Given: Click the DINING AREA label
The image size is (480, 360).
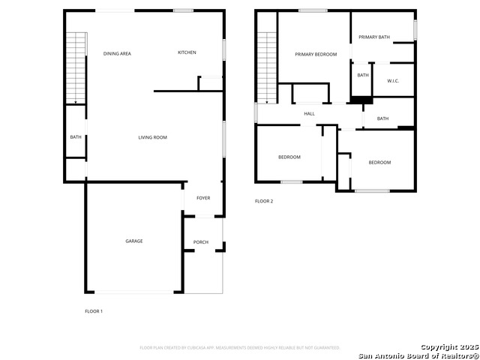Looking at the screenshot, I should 117,53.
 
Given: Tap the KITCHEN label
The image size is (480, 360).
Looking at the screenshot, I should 187,52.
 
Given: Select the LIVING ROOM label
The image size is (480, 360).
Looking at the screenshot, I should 152,137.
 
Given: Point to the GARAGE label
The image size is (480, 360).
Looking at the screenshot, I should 134,241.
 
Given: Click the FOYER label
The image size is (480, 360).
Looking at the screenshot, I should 203,198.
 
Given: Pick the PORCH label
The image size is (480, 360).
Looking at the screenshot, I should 201,242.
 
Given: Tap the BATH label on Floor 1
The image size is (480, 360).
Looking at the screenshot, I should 76,137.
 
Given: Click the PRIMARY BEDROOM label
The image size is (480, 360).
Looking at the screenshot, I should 316,54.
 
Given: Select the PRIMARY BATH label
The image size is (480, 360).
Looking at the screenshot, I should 374,37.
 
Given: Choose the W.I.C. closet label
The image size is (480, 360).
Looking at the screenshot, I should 393,80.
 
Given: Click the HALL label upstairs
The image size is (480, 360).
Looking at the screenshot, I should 309,114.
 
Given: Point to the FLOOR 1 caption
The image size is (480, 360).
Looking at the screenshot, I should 93,310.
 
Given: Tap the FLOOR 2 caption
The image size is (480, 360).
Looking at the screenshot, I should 264,201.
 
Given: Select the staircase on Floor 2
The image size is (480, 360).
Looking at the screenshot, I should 268,67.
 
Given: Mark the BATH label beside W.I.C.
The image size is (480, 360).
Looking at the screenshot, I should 363,75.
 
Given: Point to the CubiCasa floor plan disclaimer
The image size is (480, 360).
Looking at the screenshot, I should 240,348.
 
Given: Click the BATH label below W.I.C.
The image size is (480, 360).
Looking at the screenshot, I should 382,118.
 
